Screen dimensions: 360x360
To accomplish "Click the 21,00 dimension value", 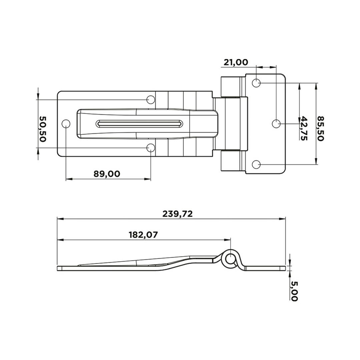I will tap(236, 62).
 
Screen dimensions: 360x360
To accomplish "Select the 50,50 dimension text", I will tap(42, 129).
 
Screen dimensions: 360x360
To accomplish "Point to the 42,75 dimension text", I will tap(304, 128).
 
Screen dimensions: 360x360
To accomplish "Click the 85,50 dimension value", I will tap(320, 128).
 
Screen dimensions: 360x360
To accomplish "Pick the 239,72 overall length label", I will tap(178, 214).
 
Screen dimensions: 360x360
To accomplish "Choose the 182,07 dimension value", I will tap(143, 235).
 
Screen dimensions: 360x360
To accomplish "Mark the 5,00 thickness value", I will tap(294, 291).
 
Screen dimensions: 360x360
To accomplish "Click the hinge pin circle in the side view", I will tap(230, 259).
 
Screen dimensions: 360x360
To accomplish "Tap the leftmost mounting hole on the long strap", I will tap(66, 124).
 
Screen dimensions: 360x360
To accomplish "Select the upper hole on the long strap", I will tap(151, 99).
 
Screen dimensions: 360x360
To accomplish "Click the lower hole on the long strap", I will tap(151, 148).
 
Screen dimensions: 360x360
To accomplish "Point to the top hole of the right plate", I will tap(256, 83).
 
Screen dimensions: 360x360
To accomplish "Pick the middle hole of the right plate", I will tap(276, 124).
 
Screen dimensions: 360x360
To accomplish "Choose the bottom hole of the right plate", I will tap(256, 164).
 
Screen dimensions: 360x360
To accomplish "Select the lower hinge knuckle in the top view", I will tap(230, 161).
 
